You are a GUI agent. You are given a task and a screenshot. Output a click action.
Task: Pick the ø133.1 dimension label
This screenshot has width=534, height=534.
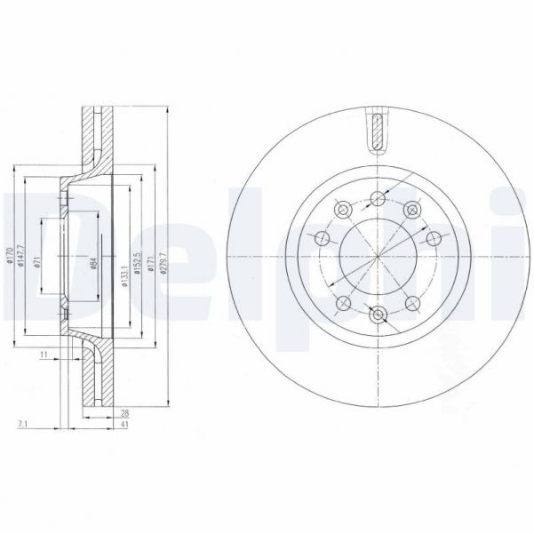(x=124, y=263)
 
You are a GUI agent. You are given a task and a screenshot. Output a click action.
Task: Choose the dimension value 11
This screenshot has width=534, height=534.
(x=43, y=355)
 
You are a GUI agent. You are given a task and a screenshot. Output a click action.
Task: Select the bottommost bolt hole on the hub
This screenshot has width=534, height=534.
(x=379, y=315)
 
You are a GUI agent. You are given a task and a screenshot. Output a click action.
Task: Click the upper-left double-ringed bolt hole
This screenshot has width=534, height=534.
(x=340, y=210)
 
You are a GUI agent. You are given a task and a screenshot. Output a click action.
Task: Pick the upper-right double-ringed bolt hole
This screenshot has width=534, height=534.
(x=411, y=210)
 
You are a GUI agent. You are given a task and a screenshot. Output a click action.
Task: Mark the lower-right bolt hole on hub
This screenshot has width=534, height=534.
(x=412, y=303)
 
